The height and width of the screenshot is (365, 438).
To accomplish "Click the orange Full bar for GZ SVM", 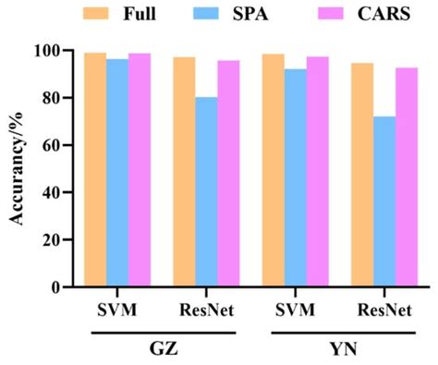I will click(x=94, y=170).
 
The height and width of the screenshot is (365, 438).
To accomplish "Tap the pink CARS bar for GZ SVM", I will click(x=140, y=170).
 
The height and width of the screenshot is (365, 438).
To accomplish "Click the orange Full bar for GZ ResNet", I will click(x=184, y=172).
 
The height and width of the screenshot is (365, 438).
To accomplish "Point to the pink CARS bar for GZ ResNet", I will click(x=228, y=174).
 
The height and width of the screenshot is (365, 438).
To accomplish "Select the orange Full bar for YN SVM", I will click(x=273, y=170).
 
